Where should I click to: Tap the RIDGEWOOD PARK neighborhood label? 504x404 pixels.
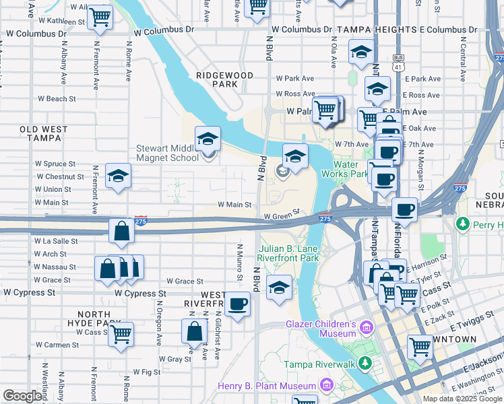click(224, 79)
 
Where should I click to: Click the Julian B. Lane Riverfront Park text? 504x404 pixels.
click(288, 253)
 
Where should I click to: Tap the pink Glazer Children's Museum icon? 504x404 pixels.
click(366, 328)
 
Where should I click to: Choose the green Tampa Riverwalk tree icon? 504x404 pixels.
click(365, 364)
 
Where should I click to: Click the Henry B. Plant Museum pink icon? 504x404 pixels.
click(327, 386)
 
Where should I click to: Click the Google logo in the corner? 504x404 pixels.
click(22, 396)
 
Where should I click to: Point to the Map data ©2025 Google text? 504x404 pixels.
click(462, 399)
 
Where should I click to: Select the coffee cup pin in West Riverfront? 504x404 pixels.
click(237, 304)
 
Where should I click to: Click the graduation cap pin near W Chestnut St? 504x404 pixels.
click(119, 176)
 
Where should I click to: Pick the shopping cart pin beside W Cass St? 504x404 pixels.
click(121, 333)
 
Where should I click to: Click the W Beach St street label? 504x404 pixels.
click(57, 99)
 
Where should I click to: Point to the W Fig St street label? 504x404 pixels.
click(147, 372)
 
